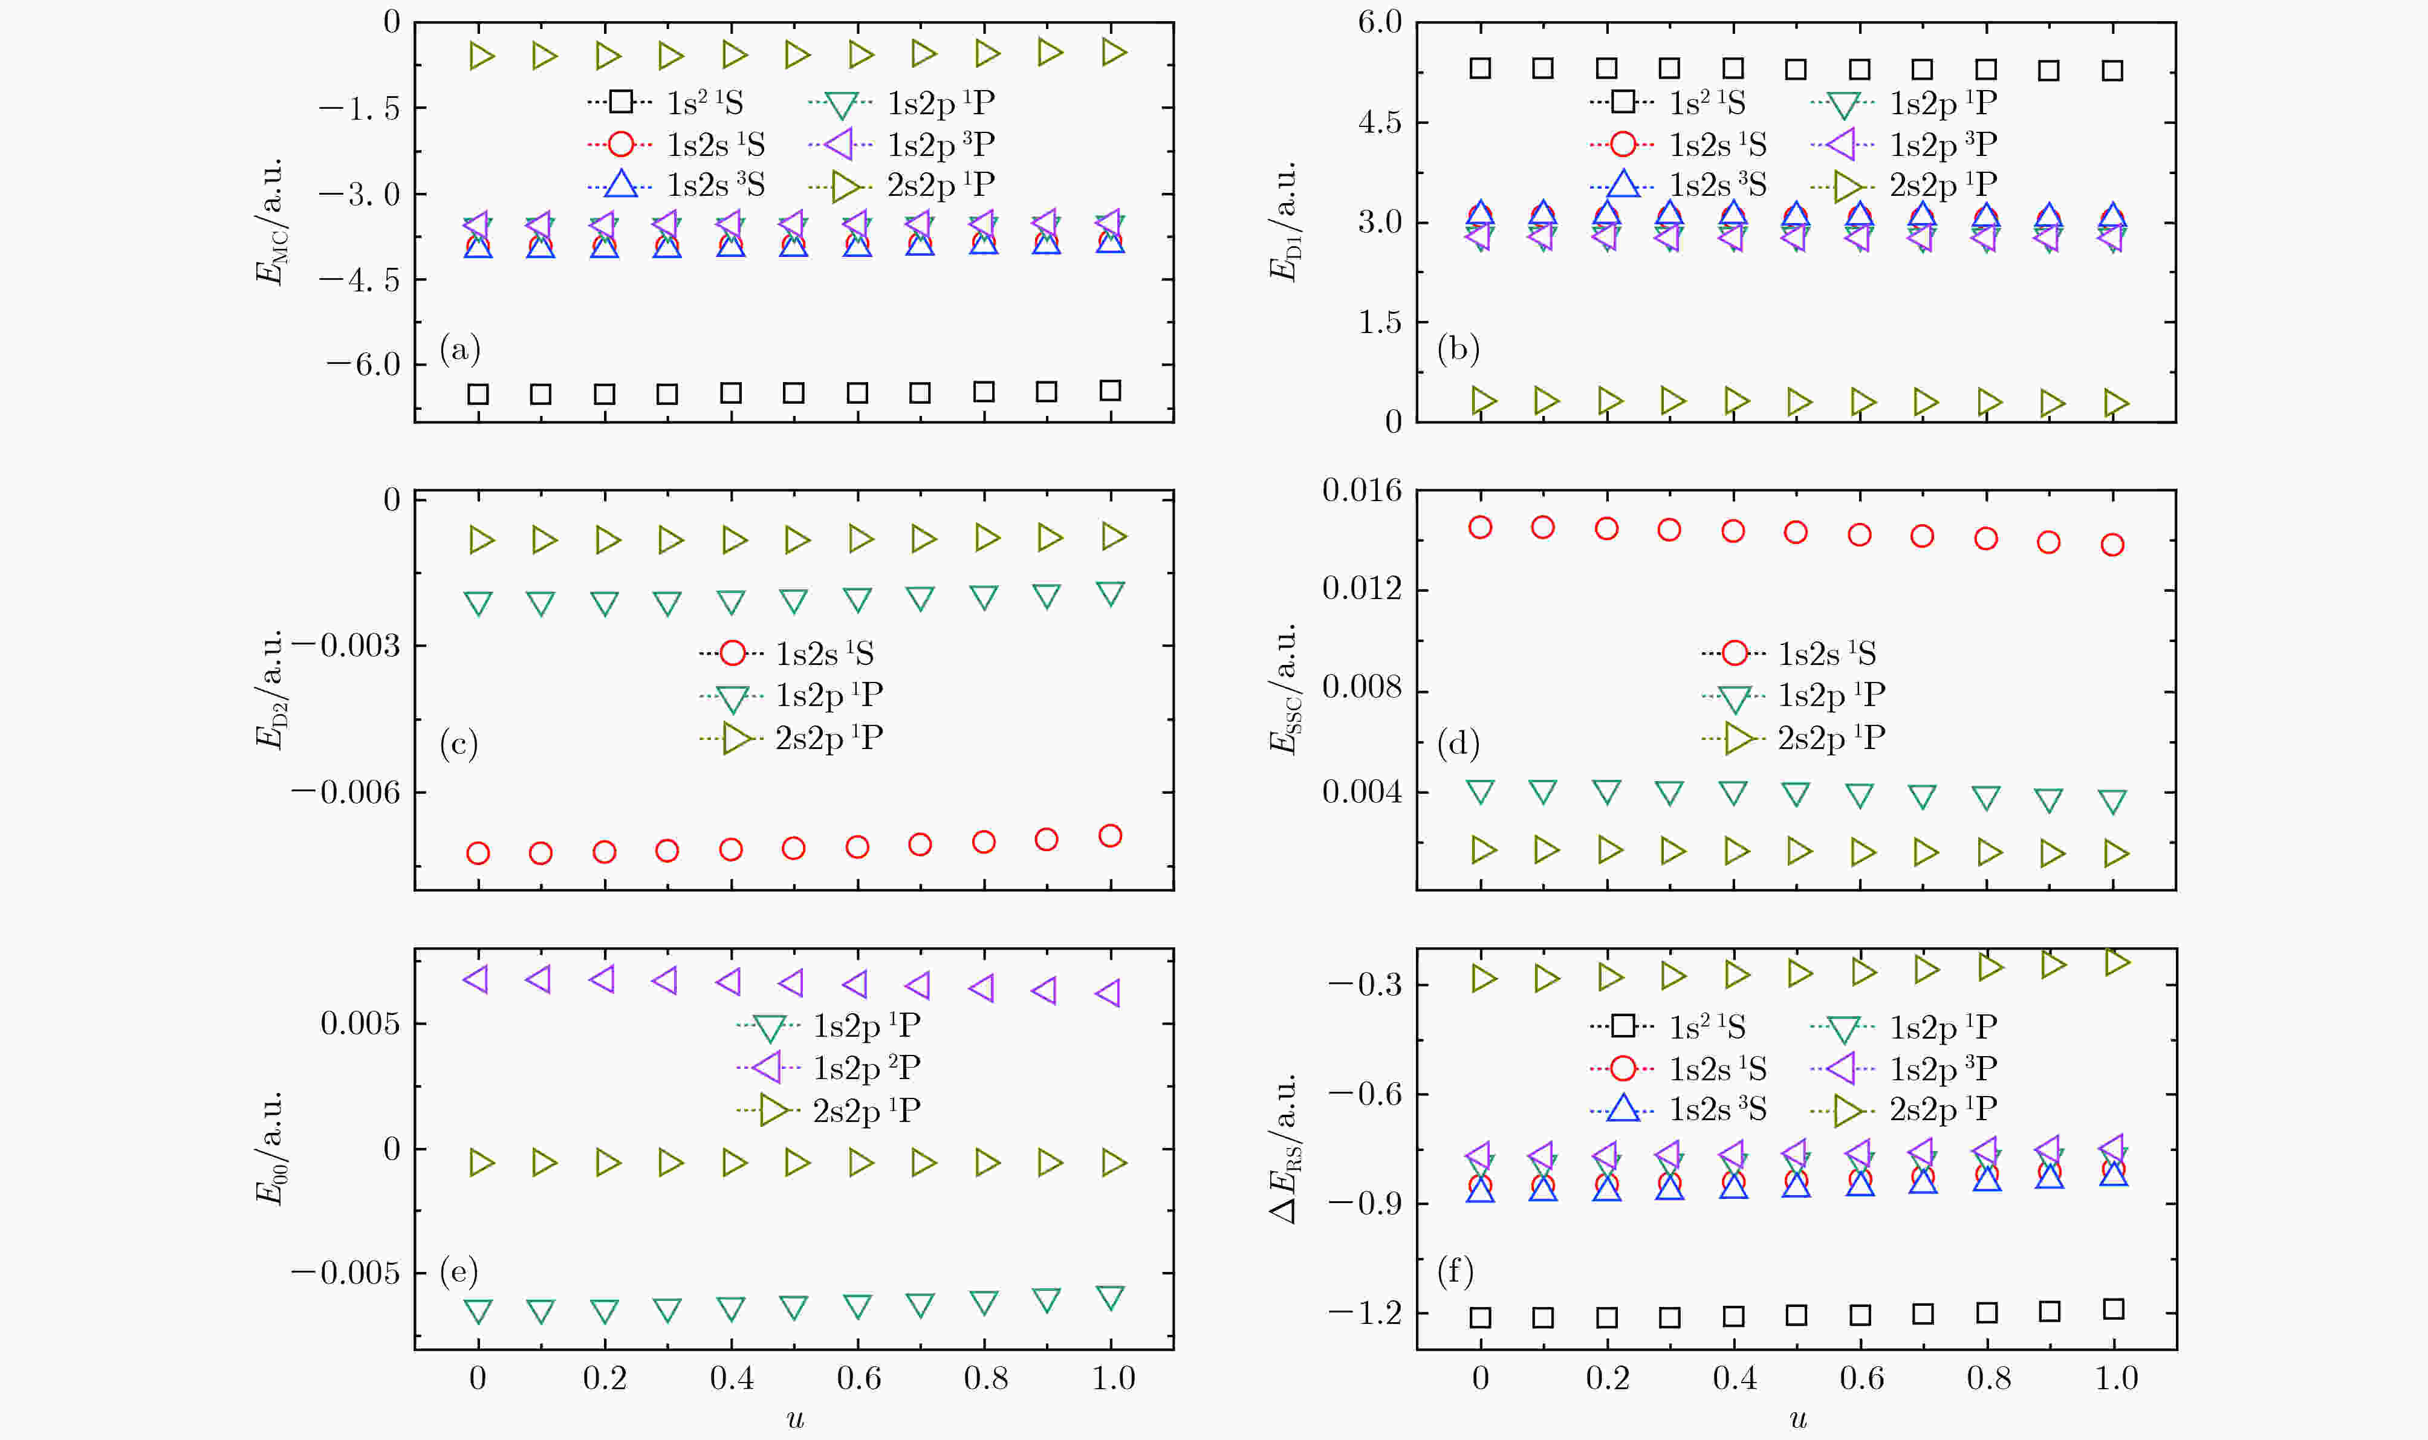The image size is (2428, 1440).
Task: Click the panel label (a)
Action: tap(460, 348)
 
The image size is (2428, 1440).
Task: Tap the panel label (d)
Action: tap(1458, 744)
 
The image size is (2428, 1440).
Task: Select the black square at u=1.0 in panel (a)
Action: tap(1110, 390)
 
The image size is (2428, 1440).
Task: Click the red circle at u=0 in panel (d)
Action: tap(1480, 527)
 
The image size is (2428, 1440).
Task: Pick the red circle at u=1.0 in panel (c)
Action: tap(1110, 835)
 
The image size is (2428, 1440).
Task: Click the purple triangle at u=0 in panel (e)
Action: tap(476, 979)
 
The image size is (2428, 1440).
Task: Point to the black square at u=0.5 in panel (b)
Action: tap(1796, 69)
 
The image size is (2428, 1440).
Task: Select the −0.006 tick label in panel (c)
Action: tap(345, 792)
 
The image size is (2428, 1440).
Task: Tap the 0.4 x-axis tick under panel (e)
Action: tap(732, 1378)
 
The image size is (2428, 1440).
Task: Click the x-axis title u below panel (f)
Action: tap(1797, 1419)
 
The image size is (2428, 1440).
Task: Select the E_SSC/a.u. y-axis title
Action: tap(1284, 689)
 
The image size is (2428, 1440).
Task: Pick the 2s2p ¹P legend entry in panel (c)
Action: tap(791, 738)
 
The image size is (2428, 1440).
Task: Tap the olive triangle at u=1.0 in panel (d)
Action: tap(2115, 854)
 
